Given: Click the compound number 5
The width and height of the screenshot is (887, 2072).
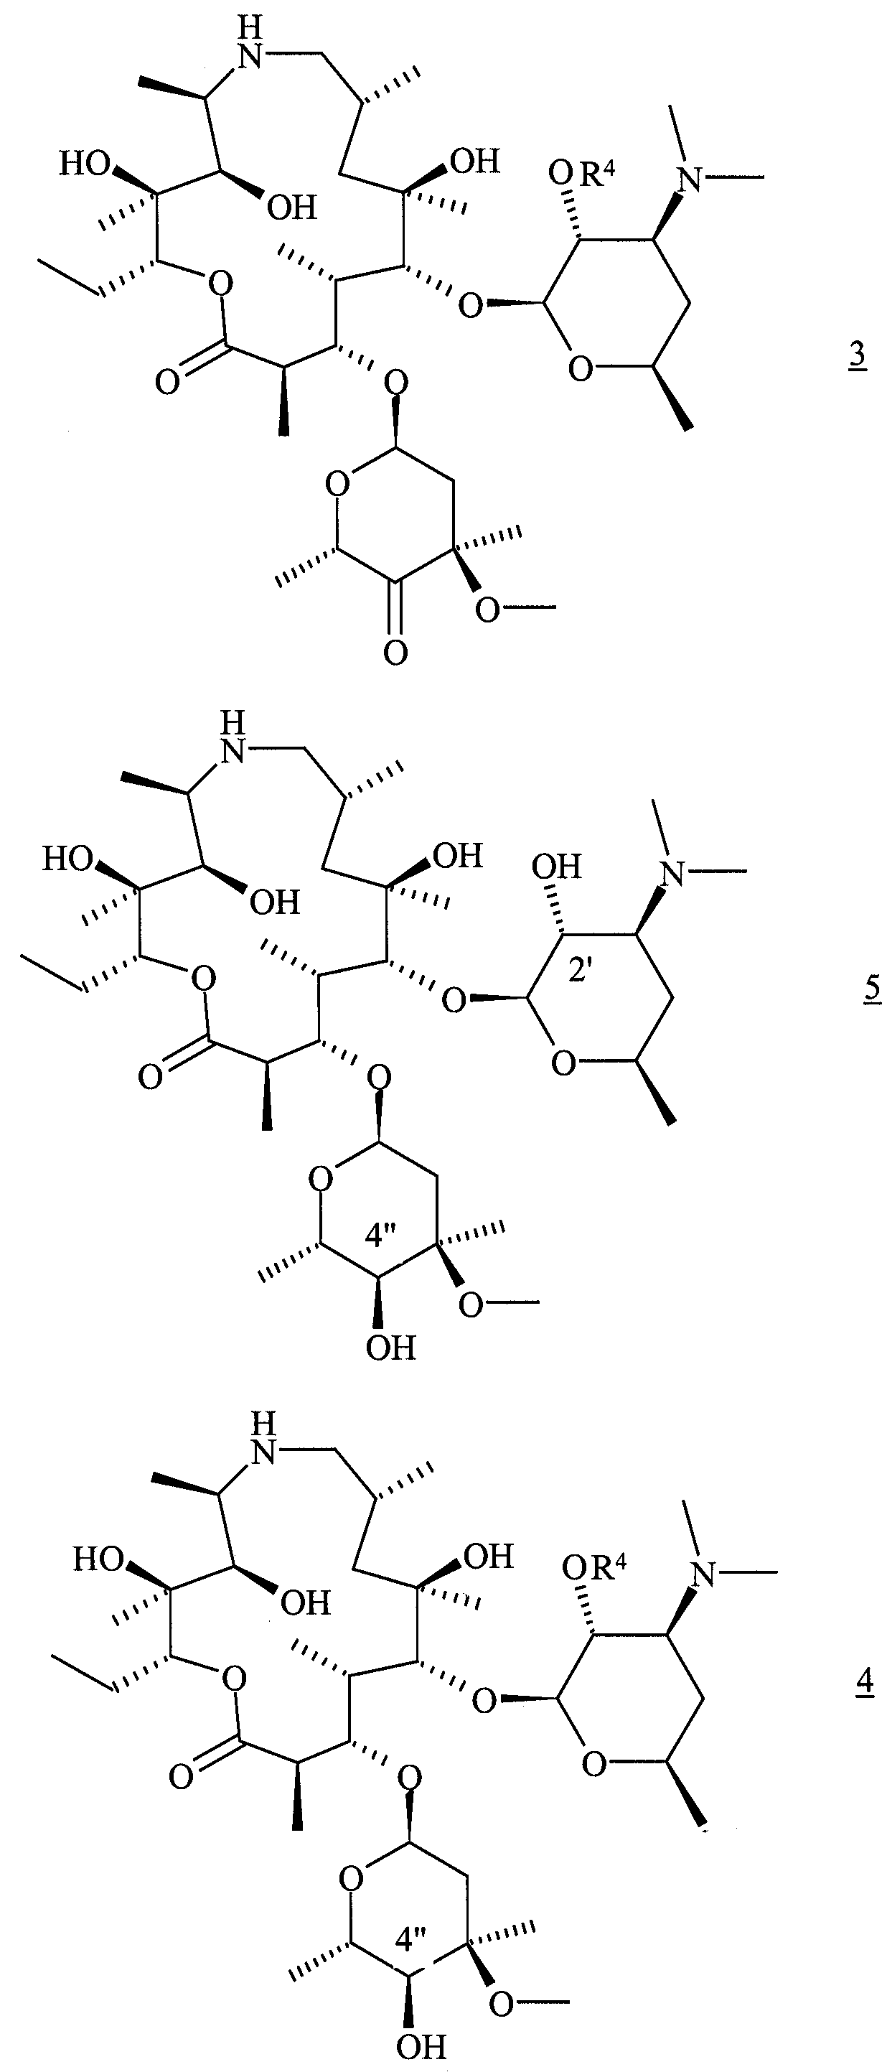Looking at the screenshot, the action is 872,987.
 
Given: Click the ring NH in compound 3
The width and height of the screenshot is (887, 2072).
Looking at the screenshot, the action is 251,42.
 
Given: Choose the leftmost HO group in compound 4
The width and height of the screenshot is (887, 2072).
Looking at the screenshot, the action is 99,1559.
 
